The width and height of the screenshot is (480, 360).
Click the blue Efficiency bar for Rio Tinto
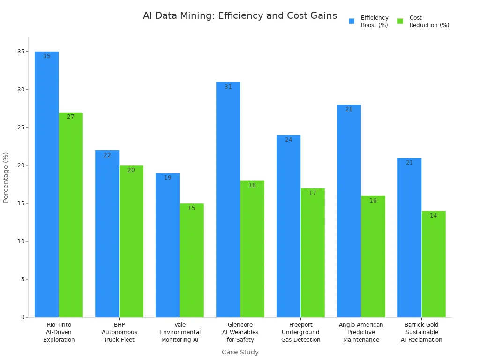coord(47,187)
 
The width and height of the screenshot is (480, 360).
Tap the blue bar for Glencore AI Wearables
coord(228,202)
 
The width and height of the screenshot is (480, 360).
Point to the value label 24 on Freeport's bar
coord(289,140)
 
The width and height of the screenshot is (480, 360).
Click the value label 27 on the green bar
coord(71,117)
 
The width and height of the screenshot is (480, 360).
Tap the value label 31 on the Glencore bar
coord(228,87)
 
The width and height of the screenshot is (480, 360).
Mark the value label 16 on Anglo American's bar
coord(373,201)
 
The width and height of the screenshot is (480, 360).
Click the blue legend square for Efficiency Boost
coord(352,21)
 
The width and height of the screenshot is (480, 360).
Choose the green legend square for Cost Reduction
coord(400,21)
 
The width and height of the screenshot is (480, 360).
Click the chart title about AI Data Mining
coord(240,16)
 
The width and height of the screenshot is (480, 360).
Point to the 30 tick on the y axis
coord(21,90)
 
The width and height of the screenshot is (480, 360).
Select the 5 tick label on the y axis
coord(22,279)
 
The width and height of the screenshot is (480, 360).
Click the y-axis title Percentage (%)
coord(6,177)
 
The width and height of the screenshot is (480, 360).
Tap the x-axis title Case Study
coord(240,352)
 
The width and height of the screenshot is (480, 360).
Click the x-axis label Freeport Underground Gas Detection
coord(301,332)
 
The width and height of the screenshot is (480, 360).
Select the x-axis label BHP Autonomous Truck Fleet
coord(120,332)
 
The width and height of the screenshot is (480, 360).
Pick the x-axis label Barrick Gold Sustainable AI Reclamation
coord(421,332)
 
